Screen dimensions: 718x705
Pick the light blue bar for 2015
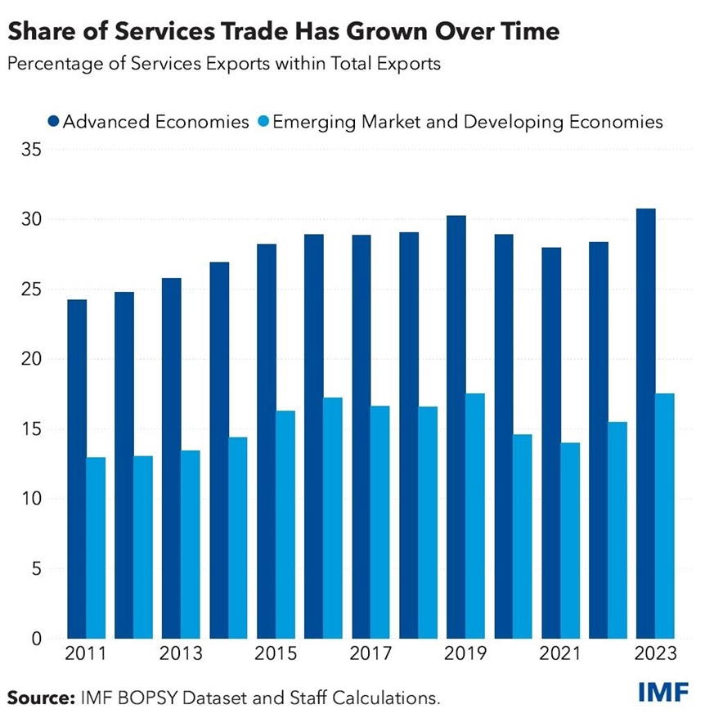click(x=285, y=523)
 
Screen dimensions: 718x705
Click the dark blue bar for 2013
click(x=172, y=458)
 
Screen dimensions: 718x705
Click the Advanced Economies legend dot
click(x=54, y=122)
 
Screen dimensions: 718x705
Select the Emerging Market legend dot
click(x=263, y=122)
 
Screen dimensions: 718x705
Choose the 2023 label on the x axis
click(x=654, y=654)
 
